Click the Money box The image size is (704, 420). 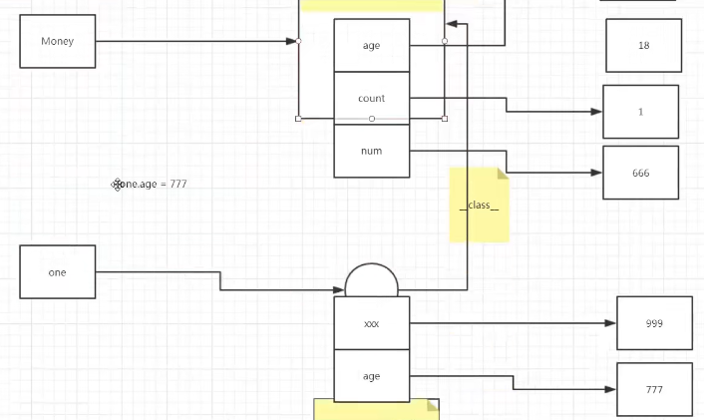pyautogui.click(x=58, y=41)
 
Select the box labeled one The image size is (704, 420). pyautogui.click(x=58, y=271)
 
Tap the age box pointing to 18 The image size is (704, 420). pyautogui.click(x=371, y=45)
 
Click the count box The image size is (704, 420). pyautogui.click(x=371, y=98)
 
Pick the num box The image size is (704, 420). pyautogui.click(x=371, y=151)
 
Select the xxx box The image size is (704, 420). pyautogui.click(x=371, y=323)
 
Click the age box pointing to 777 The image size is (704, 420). pyautogui.click(x=371, y=376)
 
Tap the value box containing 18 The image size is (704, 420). pyautogui.click(x=643, y=45)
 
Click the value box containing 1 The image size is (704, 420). pyautogui.click(x=640, y=112)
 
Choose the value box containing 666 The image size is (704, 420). pyautogui.click(x=640, y=173)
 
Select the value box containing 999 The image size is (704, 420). pyautogui.click(x=654, y=323)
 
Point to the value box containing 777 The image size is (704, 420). pyautogui.click(x=654, y=389)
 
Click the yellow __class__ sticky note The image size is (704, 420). pyautogui.click(x=479, y=205)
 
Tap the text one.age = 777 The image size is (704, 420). pyautogui.click(x=156, y=184)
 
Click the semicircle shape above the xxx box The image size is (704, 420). pyautogui.click(x=371, y=281)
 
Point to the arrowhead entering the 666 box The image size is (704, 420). pyautogui.click(x=596, y=173)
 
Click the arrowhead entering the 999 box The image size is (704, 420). pyautogui.click(x=610, y=323)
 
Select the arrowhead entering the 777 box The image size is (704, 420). pyautogui.click(x=610, y=389)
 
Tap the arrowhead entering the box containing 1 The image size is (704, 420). pyautogui.click(x=596, y=112)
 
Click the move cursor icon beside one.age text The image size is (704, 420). pyautogui.click(x=118, y=184)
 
